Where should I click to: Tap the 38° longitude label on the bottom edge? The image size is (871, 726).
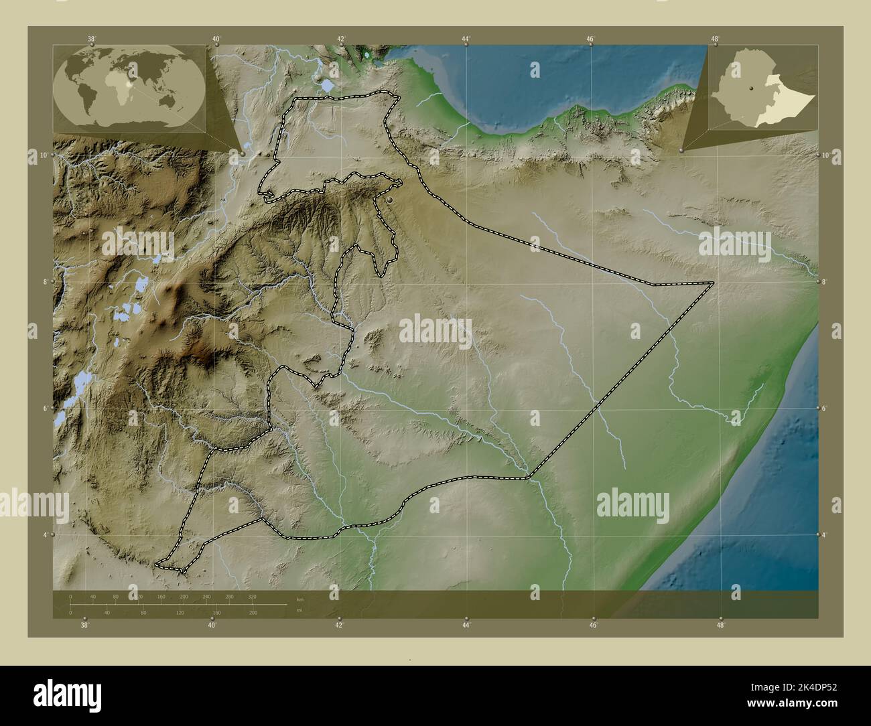tap(84, 626)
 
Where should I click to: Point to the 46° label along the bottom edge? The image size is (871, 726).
tap(594, 626)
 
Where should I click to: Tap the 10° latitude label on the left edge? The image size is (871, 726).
tap(43, 155)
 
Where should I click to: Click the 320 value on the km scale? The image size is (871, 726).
tap(252, 595)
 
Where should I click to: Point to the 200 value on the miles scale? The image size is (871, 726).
tap(253, 613)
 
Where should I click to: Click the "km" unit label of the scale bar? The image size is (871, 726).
tap(299, 599)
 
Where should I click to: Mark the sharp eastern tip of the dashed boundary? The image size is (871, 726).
tap(713, 283)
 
